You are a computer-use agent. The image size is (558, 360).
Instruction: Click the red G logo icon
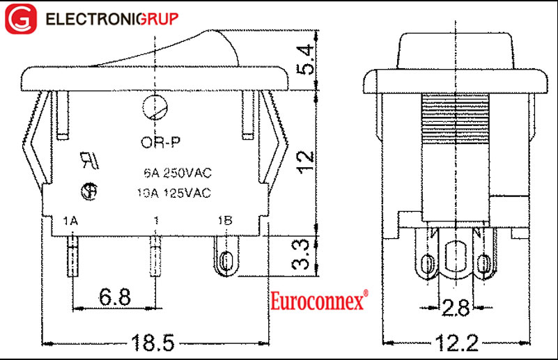point(20,19)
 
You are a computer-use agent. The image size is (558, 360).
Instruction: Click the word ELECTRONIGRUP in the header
point(112,19)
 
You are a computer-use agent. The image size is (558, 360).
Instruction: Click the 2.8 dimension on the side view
point(456,306)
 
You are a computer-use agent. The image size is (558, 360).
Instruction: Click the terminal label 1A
point(70,221)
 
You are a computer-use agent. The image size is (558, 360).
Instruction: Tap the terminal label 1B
point(225,221)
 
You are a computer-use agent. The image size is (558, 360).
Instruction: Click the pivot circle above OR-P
point(154,108)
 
